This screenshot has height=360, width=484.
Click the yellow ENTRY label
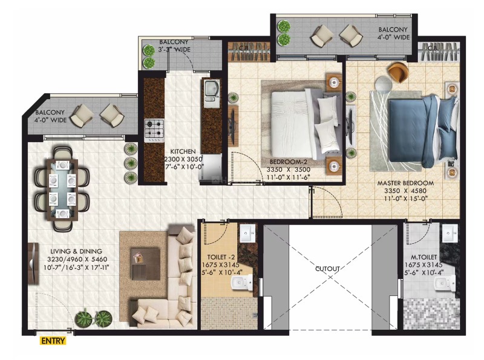point(53,341)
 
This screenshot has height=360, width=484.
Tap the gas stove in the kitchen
point(154,131)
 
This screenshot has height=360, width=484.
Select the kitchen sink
point(211,91)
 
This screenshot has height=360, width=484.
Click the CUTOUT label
point(327,269)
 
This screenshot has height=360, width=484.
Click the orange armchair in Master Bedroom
point(399,73)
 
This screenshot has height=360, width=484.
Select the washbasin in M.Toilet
point(450,233)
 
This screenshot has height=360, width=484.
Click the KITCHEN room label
point(183,152)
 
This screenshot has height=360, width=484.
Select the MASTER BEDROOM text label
point(405,183)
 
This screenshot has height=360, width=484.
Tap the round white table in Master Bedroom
point(383,83)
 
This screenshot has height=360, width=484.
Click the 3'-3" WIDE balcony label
point(174,49)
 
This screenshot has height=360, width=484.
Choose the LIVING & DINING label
point(76,251)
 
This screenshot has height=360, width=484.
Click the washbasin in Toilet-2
point(247,233)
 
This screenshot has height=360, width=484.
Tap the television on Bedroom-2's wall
point(232,126)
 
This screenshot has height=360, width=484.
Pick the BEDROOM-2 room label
point(289,162)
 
